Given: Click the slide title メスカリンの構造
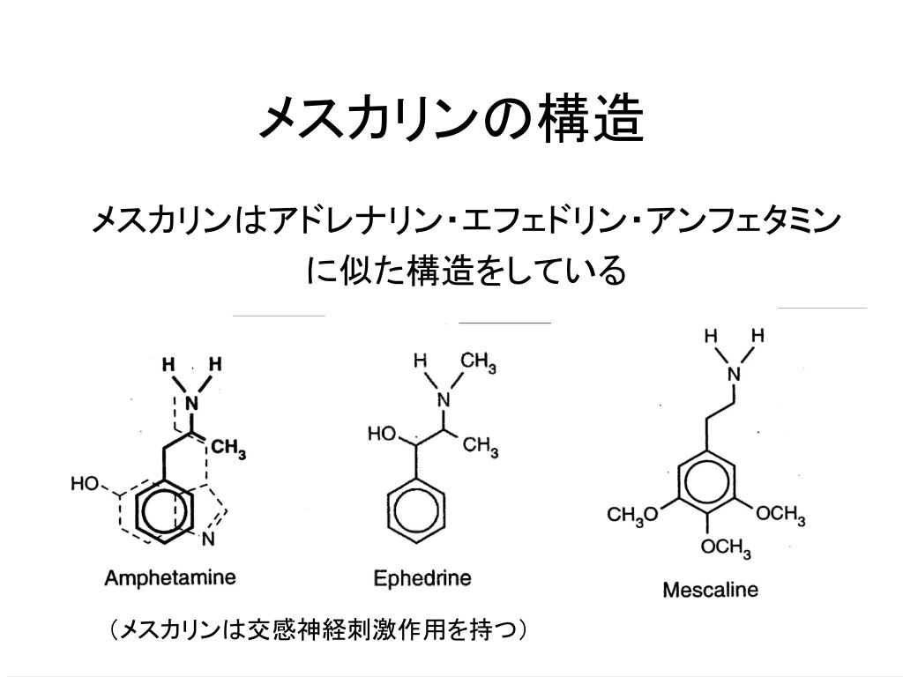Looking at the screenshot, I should [x=451, y=120].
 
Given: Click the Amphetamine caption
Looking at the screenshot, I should [x=170, y=578].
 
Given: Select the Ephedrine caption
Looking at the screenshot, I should [x=422, y=578].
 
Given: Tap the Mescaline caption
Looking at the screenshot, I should [x=710, y=589].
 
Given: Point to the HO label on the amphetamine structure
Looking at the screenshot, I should [x=86, y=483].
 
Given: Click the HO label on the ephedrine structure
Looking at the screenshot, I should [x=383, y=434].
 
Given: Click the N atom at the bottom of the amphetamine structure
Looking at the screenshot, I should [x=209, y=539].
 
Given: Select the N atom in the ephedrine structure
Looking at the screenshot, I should [x=444, y=400].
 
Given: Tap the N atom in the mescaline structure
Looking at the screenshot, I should [x=733, y=374].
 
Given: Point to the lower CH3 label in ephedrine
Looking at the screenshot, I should [x=481, y=447].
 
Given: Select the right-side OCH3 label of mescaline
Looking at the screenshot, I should [x=781, y=515].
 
